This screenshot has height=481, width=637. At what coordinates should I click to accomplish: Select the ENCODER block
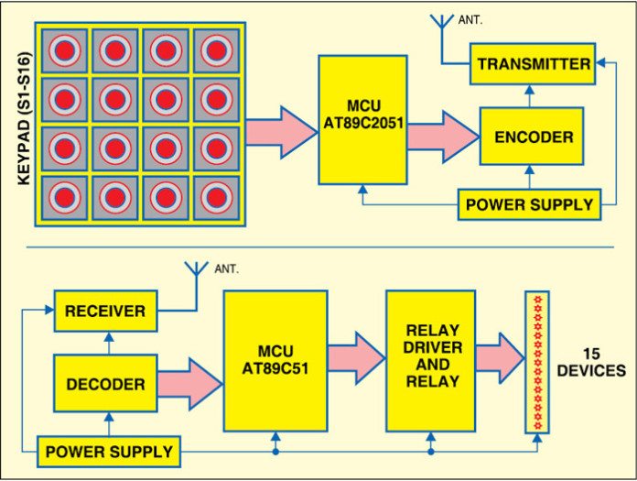tap(532, 137)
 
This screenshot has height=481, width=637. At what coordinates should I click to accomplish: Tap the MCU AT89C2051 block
tap(362, 120)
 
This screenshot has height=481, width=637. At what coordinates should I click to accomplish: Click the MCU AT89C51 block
tap(275, 360)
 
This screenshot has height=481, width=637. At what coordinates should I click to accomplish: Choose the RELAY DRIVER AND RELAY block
tap(430, 360)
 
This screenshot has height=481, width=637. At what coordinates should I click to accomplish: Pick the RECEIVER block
tap(104, 312)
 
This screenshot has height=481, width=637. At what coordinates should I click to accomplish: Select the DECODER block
tap(104, 384)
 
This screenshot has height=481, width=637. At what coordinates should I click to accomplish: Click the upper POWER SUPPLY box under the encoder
tap(529, 203)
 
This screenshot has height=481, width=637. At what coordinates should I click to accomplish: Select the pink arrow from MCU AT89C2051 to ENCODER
tap(443, 135)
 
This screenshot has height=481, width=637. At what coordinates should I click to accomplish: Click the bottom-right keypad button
tap(215, 196)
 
